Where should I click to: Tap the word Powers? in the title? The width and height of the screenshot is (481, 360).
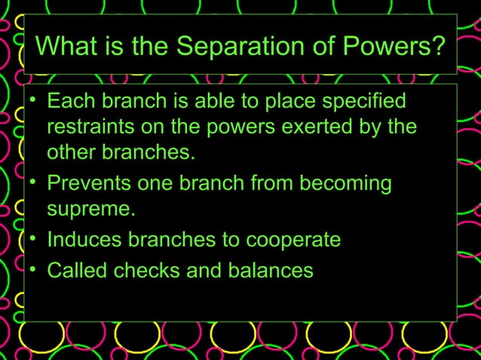(398, 47)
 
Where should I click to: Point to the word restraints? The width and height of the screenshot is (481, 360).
(94, 127)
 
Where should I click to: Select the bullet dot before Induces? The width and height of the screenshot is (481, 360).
(33, 241)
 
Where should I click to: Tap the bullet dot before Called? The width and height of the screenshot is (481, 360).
(33, 270)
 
